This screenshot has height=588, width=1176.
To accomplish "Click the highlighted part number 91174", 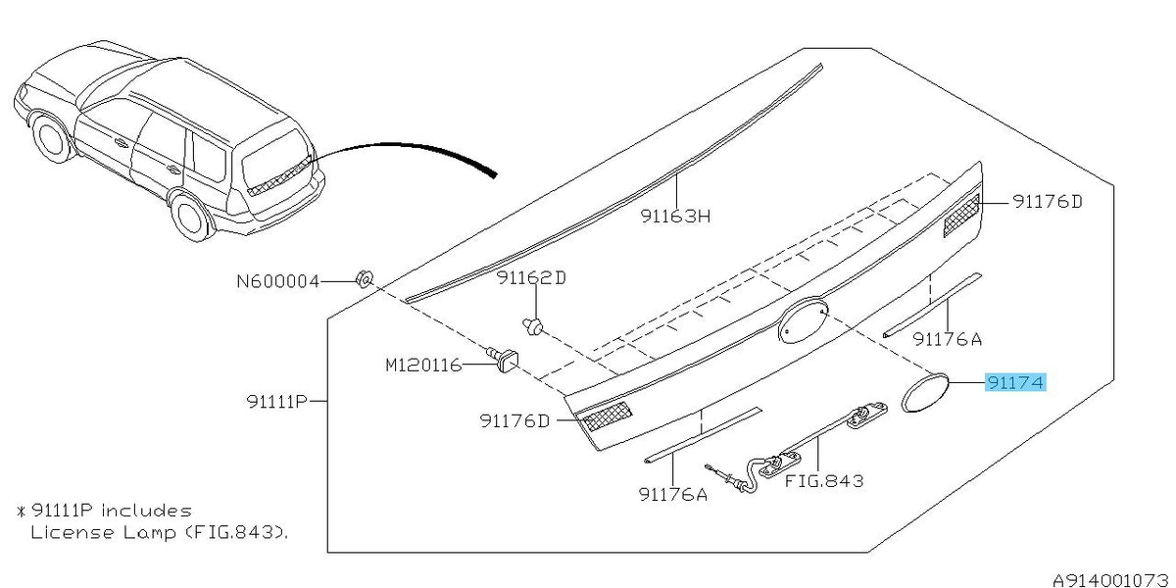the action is point(1015,382).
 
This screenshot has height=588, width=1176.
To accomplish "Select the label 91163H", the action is point(675,216).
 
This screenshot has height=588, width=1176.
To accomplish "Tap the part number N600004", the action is point(277,282).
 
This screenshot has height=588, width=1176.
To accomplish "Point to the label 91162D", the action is point(531,277).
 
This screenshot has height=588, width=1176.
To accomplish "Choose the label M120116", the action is point(423,365).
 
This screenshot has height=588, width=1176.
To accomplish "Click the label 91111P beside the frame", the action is point(276,402).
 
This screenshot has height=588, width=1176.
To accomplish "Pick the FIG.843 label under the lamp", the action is point(824,481).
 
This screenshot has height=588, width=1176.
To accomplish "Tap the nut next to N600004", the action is point(364,278).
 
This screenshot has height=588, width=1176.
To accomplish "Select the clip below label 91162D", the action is point(532,326).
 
